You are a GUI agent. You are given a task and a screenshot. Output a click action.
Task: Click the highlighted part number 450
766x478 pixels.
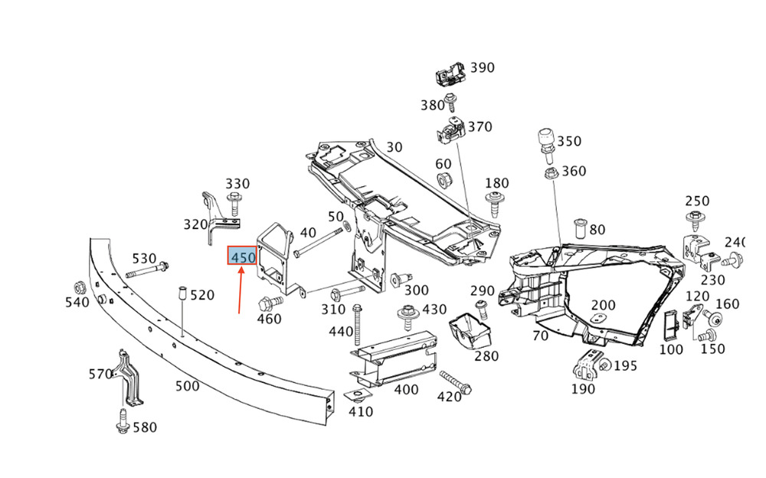(242, 256)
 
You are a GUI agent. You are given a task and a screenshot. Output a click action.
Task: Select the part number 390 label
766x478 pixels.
(482, 67)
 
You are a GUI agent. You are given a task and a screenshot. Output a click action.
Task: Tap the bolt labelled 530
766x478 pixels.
(147, 270)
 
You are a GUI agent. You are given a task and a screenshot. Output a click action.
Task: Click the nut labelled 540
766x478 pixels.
(80, 287)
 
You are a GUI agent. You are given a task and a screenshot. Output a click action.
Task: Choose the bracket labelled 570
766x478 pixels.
(129, 378)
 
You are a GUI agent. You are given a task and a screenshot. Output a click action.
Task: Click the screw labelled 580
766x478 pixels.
(122, 422)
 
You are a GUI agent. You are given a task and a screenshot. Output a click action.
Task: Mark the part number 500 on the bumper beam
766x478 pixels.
(187, 386)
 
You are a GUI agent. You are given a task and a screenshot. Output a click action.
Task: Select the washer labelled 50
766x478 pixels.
(347, 226)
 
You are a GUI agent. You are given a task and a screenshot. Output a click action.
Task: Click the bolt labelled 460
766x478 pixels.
(270, 302)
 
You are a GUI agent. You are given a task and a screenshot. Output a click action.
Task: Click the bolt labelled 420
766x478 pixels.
(455, 383)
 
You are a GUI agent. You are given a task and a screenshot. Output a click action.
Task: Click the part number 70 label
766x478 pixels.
(540, 336)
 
